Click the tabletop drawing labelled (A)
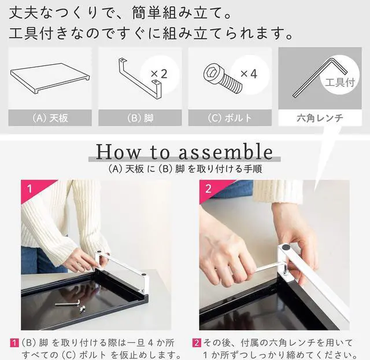click(x=50, y=79)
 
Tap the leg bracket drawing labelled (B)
click(x=140, y=79)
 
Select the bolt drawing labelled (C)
click(x=222, y=79)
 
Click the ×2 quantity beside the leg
click(x=159, y=74)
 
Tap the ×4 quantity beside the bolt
click(x=249, y=74)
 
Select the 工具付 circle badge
click(x=340, y=75)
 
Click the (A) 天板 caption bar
click(x=50, y=117)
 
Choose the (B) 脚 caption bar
click(x=140, y=117)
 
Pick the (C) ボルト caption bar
click(x=230, y=117)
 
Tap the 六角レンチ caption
click(x=320, y=117)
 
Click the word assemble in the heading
click(x=225, y=152)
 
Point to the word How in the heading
click(x=119, y=152)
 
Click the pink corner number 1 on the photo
click(x=29, y=189)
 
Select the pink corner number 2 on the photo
click(x=208, y=189)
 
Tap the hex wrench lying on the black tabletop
click(x=68, y=303)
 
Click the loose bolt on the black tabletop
click(x=82, y=308)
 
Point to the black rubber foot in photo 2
click(x=286, y=247)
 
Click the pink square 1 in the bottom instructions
click(x=14, y=343)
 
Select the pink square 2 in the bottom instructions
click(x=197, y=343)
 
